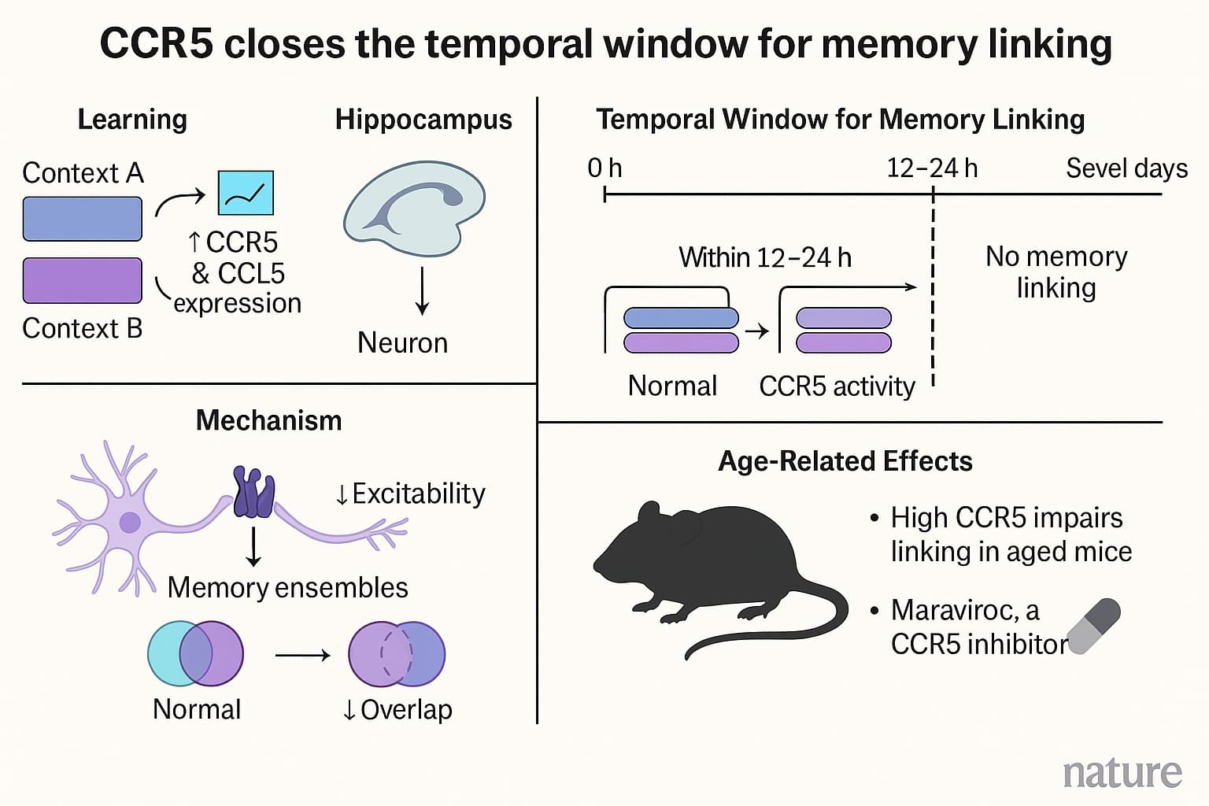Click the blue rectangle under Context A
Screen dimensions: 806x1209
(83, 219)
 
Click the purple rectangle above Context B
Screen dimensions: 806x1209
(83, 280)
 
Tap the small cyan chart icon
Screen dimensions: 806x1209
(246, 193)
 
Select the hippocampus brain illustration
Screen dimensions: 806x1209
(414, 208)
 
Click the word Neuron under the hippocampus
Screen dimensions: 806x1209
(402, 343)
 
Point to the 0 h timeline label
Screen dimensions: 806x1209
(604, 168)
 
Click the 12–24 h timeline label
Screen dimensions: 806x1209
(932, 168)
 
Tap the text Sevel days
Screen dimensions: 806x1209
(1126, 168)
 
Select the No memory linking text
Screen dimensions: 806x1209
(1056, 272)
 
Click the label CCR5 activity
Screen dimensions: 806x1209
(837, 386)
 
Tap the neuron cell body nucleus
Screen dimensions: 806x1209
(130, 522)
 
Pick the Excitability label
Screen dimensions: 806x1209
(410, 494)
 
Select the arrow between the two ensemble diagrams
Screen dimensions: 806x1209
(302, 655)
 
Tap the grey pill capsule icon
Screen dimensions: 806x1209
(1093, 626)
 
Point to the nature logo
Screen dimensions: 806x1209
(1122, 773)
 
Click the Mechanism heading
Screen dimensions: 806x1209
(268, 421)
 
